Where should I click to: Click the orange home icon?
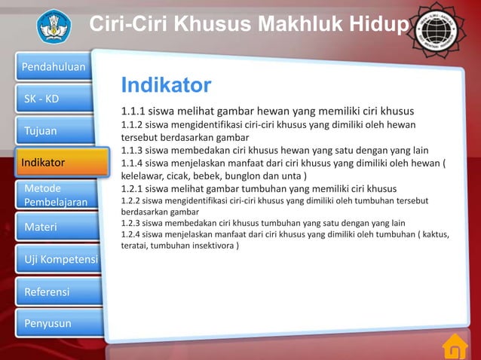(454, 346)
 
